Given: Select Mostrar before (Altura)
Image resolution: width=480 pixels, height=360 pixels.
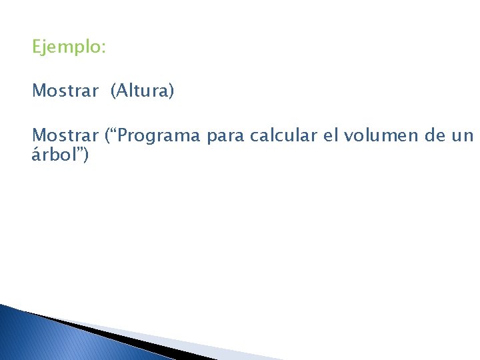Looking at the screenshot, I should tap(65, 91).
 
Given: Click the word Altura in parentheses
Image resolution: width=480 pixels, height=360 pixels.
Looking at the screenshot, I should tap(143, 91).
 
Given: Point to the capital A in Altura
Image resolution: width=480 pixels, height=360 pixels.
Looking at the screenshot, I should tap(121, 91).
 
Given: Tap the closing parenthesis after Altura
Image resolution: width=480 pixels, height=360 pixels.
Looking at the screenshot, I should tap(171, 91).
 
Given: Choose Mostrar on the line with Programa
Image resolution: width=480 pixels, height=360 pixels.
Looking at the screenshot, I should tap(65, 135).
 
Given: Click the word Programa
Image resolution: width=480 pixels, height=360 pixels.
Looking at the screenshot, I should tap(160, 136).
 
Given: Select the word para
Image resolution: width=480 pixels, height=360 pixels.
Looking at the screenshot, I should tap(225, 137).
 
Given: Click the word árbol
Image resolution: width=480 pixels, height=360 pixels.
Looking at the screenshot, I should tap(54, 155).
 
